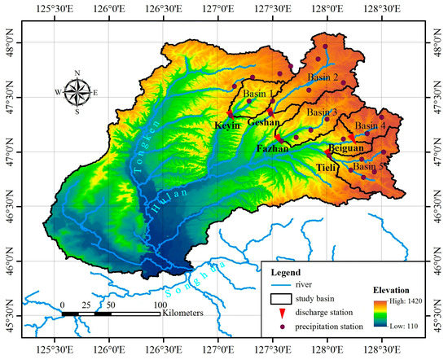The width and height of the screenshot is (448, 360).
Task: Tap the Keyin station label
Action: click(227, 126)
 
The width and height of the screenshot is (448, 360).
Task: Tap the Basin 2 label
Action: click(323, 77)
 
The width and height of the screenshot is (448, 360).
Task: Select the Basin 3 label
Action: click(323, 112)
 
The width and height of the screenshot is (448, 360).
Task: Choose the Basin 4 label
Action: click(371, 126)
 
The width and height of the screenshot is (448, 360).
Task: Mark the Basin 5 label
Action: click(368, 166)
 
